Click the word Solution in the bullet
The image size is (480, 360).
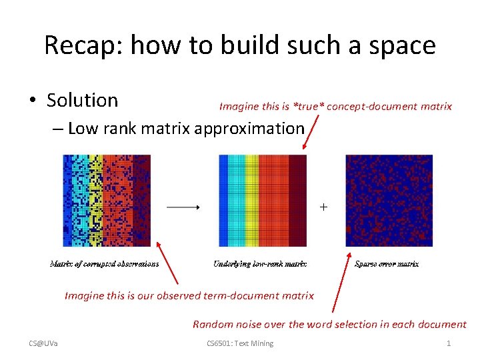tap(82, 100)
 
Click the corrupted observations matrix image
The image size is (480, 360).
tap(106, 200)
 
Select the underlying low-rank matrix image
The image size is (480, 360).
tap(262, 200)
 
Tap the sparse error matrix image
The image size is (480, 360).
tap(389, 200)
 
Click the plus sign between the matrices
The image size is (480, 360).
tap(323, 207)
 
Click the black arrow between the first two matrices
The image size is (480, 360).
tap(183, 207)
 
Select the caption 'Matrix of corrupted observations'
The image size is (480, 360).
tap(104, 264)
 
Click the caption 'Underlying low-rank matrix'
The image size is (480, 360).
tap(260, 264)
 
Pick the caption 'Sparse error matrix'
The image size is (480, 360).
tap(387, 264)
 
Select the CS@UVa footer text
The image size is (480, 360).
tap(43, 343)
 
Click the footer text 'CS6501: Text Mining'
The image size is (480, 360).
tap(240, 343)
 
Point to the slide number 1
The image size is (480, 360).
tap(449, 343)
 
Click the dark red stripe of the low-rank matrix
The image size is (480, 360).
tap(297, 200)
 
